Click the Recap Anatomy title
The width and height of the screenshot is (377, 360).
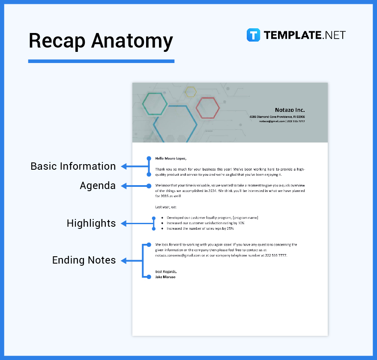(101, 41)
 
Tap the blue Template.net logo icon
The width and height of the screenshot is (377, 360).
(253, 35)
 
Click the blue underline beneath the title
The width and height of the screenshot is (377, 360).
(101, 61)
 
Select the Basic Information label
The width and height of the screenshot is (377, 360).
(73, 166)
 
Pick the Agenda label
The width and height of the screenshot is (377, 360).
(98, 186)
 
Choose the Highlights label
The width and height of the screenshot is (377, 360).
(91, 223)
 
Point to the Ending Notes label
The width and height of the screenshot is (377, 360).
(84, 260)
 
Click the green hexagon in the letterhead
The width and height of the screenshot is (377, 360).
(155, 104)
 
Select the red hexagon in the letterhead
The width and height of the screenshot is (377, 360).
(208, 108)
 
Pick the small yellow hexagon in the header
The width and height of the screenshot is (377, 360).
(191, 92)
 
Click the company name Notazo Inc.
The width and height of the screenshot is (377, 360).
(290, 110)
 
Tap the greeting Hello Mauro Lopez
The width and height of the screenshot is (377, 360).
(171, 158)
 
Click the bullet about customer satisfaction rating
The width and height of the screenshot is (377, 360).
(206, 223)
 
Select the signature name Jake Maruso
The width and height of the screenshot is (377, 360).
(165, 277)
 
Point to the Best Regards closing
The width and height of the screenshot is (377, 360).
(166, 272)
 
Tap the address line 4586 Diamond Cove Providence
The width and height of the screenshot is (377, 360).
(277, 117)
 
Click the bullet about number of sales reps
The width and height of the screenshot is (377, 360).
(200, 228)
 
